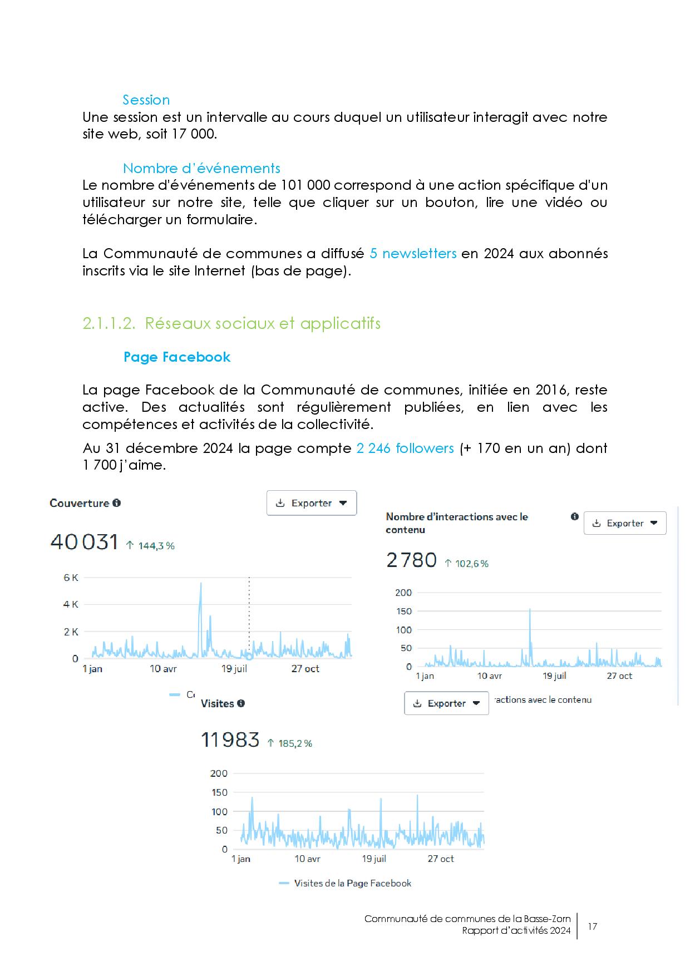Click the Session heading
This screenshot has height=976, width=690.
coord(146,100)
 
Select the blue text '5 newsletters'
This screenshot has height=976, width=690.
coord(413,254)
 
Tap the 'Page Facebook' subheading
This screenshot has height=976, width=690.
coord(176,357)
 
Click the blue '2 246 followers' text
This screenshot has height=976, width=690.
coord(405,448)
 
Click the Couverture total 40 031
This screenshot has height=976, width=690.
coord(84,542)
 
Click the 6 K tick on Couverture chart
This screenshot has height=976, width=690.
coord(71,578)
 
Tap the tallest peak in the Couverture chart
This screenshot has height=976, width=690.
coord(200,584)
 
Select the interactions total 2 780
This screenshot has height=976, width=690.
coord(411,560)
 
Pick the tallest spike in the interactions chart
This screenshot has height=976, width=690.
coord(530,610)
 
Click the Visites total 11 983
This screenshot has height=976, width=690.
coord(230,740)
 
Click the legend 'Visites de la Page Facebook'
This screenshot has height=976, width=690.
coord(352,883)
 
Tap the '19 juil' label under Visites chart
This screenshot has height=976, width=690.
coord(374,859)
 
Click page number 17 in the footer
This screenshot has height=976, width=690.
coord(592,926)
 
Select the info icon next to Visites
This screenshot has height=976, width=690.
coord(241,703)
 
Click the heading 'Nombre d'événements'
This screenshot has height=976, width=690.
coord(201,169)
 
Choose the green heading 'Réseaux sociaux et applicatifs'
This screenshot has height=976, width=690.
coord(263,324)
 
